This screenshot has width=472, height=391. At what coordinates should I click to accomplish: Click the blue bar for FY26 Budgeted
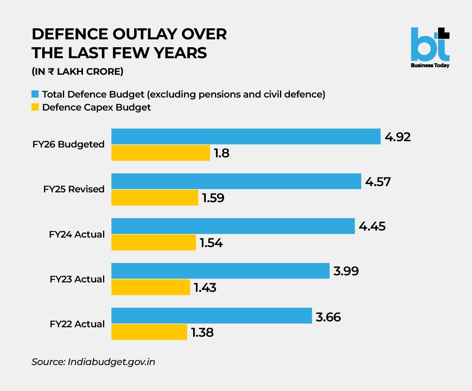[x=246, y=136]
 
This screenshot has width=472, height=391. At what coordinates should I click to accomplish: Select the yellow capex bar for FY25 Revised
[x=155, y=197]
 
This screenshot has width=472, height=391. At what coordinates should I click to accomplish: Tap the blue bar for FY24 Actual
[x=233, y=226]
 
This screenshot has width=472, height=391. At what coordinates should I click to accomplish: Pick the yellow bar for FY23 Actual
[x=151, y=287]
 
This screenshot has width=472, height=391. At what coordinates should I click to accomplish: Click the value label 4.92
[x=398, y=137]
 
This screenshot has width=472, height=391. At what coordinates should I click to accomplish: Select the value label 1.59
[x=213, y=198]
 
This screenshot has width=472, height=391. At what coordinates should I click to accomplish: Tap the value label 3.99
[x=346, y=271]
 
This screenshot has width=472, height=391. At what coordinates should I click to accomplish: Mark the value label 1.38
[x=202, y=333]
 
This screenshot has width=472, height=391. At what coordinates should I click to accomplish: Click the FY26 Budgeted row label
[x=68, y=144]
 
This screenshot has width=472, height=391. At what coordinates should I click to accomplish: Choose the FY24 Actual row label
[x=77, y=234]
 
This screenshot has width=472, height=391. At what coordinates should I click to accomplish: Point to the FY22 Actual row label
[x=77, y=324]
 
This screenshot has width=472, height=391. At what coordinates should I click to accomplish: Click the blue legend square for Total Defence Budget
[x=35, y=94]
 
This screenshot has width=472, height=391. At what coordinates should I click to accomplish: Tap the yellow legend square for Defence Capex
[x=35, y=107]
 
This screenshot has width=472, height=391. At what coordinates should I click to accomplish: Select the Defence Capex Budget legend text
[x=96, y=107]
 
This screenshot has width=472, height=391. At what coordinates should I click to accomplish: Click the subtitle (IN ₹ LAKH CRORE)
[x=77, y=72]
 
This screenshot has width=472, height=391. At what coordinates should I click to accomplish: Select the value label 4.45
[x=372, y=226]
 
